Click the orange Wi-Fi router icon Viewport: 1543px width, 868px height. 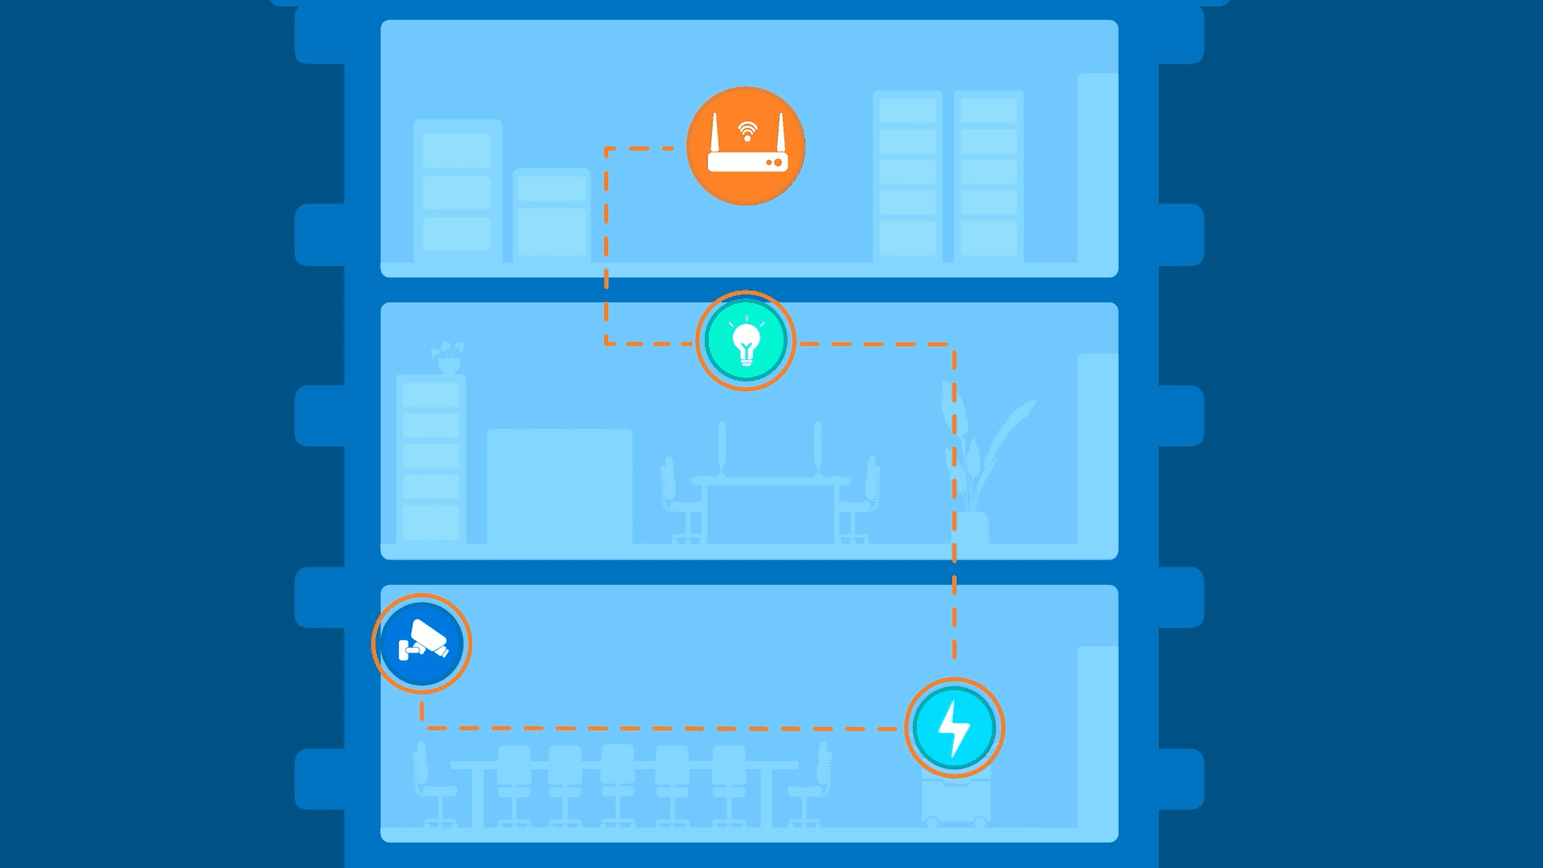tap(746, 146)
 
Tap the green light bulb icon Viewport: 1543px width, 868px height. tap(746, 341)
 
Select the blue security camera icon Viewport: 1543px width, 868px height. tap(421, 644)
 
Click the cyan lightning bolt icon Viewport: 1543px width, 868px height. tap(955, 727)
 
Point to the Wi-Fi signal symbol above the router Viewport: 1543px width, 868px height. tap(747, 130)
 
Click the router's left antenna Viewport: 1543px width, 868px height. tap(714, 133)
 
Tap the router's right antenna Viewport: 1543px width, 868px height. tap(780, 133)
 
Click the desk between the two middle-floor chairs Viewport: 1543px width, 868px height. tap(770, 506)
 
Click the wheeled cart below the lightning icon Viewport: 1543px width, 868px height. tap(956, 800)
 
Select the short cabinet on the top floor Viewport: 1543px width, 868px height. tap(551, 215)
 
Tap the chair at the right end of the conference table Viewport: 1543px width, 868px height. tap(813, 784)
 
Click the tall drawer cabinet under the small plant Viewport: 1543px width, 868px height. tap(431, 458)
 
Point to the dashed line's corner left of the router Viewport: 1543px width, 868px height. tap(606, 149)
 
